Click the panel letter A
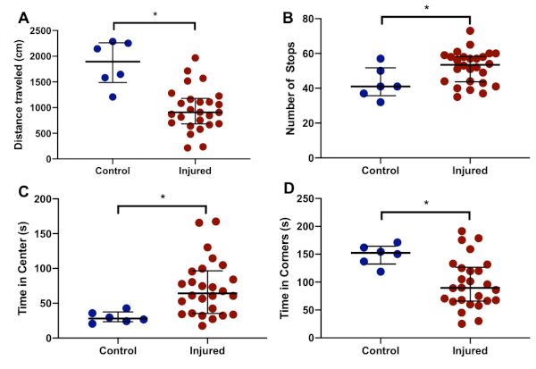coord(13,16)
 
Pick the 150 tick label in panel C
coord(41,198)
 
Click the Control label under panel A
coord(113,171)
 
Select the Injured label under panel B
coord(470,171)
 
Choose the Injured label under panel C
coord(206,350)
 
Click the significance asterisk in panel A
coord(155,15)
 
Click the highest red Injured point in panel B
coord(470,30)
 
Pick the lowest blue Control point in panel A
coord(113,96)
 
